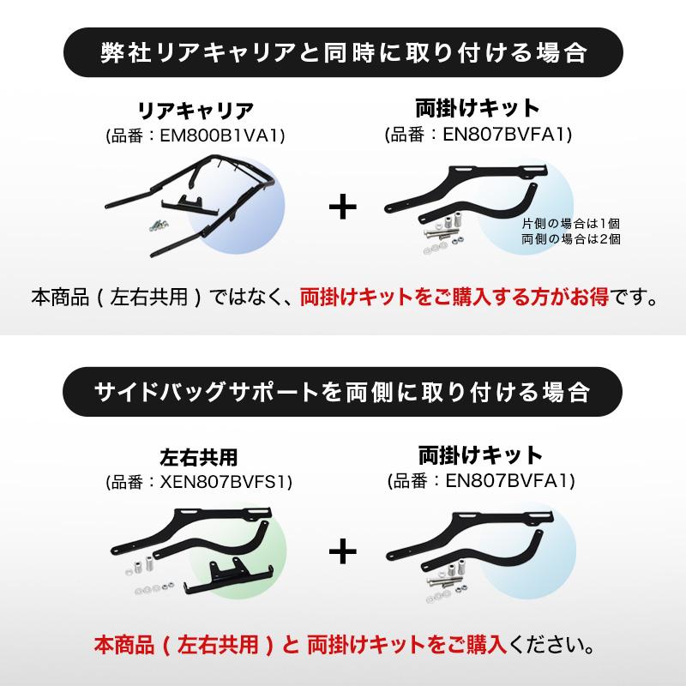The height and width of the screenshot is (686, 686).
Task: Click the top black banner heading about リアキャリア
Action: tap(344, 52)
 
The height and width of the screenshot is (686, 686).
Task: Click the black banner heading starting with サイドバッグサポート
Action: tap(342, 392)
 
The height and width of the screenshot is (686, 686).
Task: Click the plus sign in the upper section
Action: tap(342, 208)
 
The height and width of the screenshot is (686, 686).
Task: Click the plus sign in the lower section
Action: tap(342, 552)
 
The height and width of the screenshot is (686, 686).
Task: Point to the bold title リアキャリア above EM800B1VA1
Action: tap(196, 111)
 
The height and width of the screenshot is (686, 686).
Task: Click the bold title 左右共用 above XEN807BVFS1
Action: tap(199, 458)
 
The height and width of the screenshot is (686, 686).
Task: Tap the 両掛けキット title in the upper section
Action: tap(478, 109)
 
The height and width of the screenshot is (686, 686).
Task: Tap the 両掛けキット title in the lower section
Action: tap(480, 455)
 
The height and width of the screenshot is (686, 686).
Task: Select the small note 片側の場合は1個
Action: tap(571, 224)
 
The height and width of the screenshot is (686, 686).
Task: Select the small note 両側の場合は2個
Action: tap(571, 239)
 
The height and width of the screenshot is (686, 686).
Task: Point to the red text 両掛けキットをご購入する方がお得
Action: tap(454, 297)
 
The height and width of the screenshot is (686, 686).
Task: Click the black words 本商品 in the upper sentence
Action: tap(60, 297)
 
